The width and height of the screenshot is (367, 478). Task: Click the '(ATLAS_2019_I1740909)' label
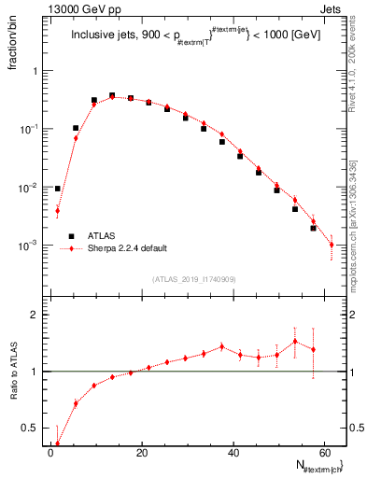coord(193,279)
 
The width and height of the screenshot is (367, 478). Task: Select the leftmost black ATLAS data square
coord(58,189)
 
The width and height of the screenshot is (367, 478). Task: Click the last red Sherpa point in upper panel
coord(332,245)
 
